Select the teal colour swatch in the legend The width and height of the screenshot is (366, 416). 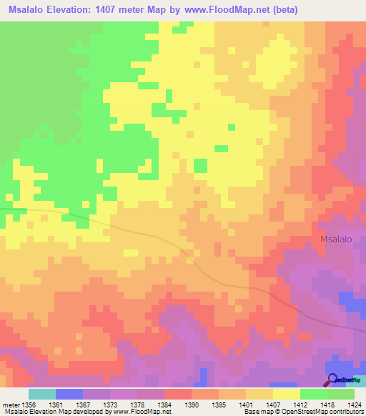coord(42,394)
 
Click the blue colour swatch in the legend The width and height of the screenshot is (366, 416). coord(69,394)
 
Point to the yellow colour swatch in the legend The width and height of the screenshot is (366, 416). coord(286,394)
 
